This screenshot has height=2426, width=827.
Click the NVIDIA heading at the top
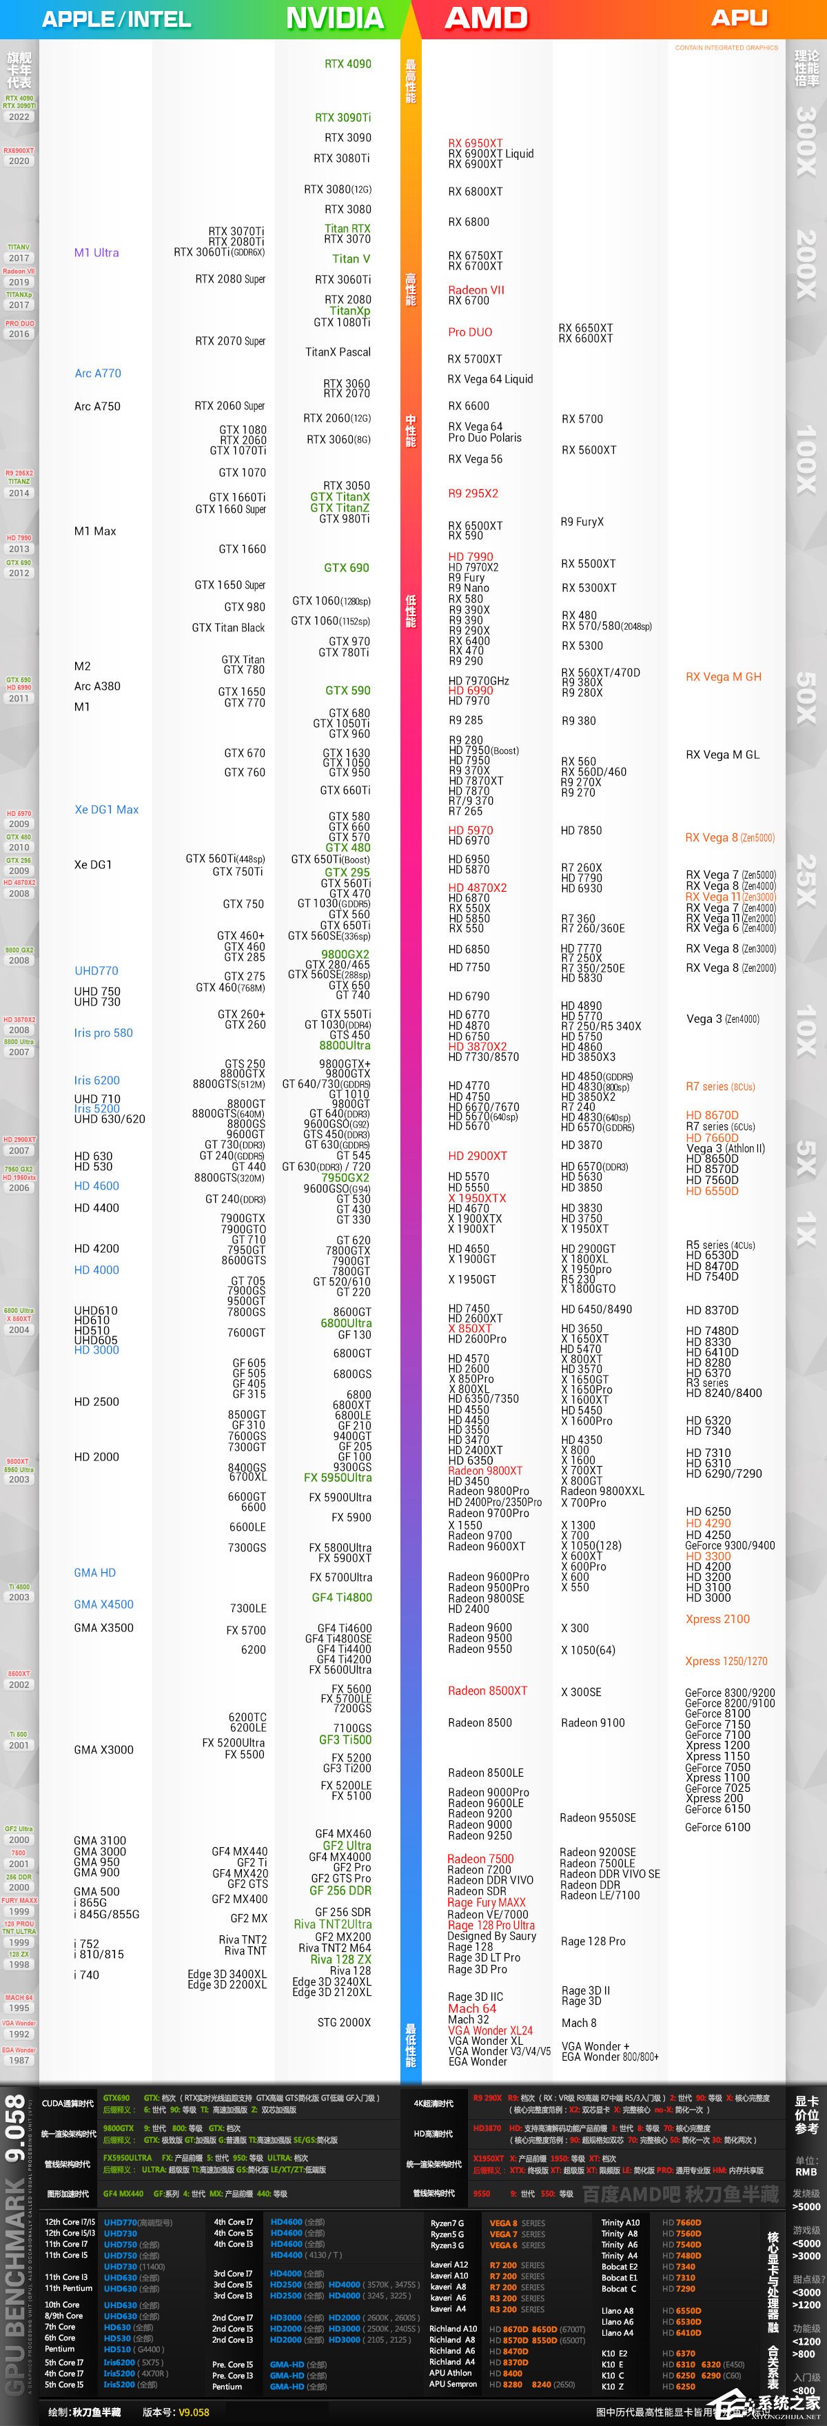[334, 18]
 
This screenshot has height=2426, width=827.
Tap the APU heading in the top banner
[739, 18]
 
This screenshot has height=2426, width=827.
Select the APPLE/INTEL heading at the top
[116, 19]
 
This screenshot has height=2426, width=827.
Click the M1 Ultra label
[96, 252]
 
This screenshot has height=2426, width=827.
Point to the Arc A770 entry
[98, 373]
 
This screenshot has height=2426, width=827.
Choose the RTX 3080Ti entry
[341, 159]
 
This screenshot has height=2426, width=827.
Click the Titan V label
[350, 259]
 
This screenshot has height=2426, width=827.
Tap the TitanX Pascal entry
[337, 352]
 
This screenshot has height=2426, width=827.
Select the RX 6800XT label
[475, 191]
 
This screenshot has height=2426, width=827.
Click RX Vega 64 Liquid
[490, 380]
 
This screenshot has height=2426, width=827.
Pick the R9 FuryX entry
[582, 522]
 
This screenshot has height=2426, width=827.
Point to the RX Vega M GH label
[724, 676]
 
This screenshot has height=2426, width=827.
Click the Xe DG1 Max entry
[106, 809]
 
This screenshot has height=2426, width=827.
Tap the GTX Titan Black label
[228, 627]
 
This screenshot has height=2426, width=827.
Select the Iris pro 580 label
[103, 1032]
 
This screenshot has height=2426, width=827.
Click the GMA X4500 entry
[103, 1604]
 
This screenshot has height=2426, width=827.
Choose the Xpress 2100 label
[717, 1619]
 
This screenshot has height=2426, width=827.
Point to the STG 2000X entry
[344, 2022]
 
